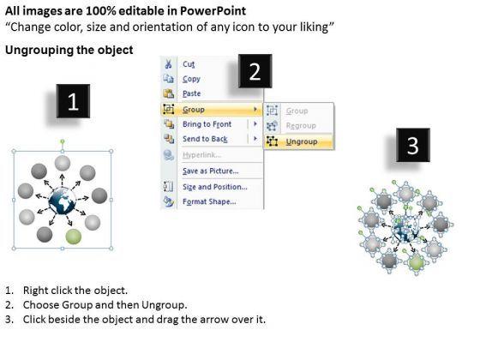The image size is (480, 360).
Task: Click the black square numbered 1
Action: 73,101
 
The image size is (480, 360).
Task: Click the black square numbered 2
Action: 255,71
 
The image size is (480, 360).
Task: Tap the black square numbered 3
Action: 413,145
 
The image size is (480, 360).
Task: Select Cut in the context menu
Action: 189,64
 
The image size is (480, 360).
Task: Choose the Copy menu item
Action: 191,79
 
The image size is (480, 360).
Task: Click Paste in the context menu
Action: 192,93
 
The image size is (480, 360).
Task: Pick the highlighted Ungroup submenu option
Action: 302,141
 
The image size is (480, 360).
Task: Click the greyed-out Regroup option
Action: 301,125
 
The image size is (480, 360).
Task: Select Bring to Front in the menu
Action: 207,124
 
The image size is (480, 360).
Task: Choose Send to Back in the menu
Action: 205,139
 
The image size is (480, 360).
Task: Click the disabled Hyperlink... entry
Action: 201,155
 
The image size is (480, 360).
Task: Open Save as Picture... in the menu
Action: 211,171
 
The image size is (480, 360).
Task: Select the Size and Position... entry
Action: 215,187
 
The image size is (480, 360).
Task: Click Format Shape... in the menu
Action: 209,201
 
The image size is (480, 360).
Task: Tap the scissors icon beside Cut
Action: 168,64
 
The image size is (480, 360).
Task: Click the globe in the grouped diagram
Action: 62,201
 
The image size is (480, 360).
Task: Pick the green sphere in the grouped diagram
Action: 74,237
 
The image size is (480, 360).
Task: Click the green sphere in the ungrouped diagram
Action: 416,262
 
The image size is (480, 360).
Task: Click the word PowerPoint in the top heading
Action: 213,11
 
